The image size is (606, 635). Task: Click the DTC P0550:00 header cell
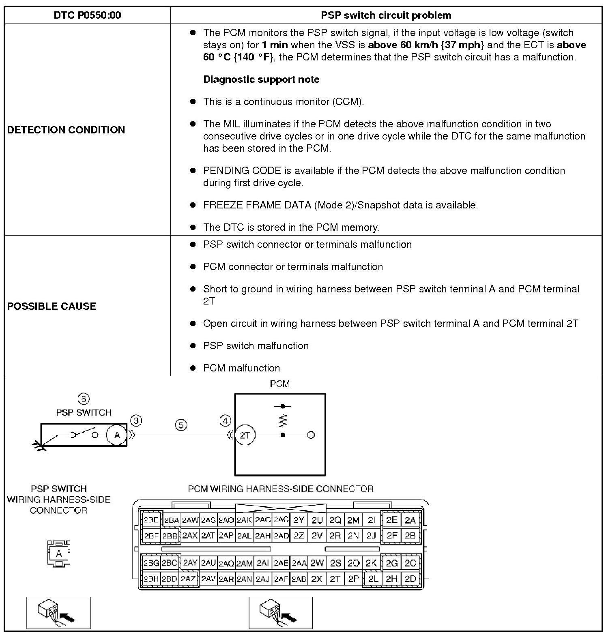click(x=87, y=15)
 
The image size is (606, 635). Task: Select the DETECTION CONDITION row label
click(x=66, y=130)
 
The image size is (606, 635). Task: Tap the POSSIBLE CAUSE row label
click(x=52, y=306)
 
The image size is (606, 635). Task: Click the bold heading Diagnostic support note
click(x=261, y=79)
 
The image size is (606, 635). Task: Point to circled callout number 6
click(x=84, y=399)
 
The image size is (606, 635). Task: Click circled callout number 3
click(x=137, y=420)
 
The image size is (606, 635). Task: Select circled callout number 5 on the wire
click(x=181, y=425)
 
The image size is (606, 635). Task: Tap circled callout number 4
click(x=226, y=420)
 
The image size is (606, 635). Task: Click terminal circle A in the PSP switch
click(x=117, y=435)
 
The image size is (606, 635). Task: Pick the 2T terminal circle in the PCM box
click(x=245, y=435)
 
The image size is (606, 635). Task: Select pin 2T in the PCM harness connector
click(x=335, y=579)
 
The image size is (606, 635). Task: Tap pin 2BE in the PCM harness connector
click(x=151, y=520)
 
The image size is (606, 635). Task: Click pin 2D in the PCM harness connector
click(x=410, y=579)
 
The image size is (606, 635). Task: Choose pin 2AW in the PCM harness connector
click(x=190, y=520)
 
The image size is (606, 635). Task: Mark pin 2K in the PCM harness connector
click(x=371, y=563)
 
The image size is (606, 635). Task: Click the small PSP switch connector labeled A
click(x=59, y=553)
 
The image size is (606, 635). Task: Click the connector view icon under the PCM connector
click(x=281, y=613)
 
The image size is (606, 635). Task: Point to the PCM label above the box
click(x=280, y=384)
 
